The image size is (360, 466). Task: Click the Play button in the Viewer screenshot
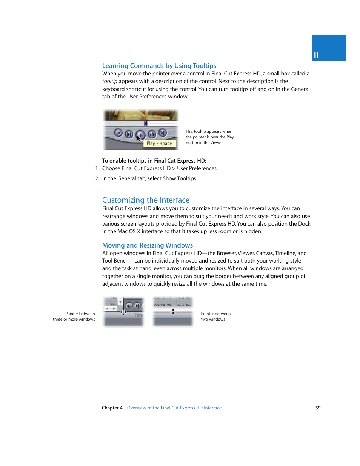(140, 134)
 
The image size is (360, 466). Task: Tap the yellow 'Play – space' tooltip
(159, 143)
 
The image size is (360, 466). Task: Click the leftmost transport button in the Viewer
(118, 133)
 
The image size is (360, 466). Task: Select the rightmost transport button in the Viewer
(163, 132)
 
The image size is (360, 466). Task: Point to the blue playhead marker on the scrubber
(146, 123)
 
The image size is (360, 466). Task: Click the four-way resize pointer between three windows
(123, 312)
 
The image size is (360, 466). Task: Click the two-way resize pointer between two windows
(173, 311)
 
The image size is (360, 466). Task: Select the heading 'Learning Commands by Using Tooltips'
(159, 66)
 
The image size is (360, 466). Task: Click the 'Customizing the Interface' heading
(146, 200)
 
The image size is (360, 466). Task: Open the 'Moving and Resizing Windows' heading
(147, 245)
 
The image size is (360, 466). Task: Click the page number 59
(318, 408)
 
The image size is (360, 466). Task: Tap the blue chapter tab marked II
(329, 48)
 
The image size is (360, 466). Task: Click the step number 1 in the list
(97, 169)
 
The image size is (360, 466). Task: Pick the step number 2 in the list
(97, 179)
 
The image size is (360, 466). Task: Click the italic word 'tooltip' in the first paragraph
(109, 82)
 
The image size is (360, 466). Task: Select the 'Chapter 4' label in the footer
(112, 408)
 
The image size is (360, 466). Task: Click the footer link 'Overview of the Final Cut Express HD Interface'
(174, 408)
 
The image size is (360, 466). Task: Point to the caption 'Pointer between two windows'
(215, 317)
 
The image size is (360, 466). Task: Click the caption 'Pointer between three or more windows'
(74, 317)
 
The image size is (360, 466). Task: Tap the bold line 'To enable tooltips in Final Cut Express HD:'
(154, 161)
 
